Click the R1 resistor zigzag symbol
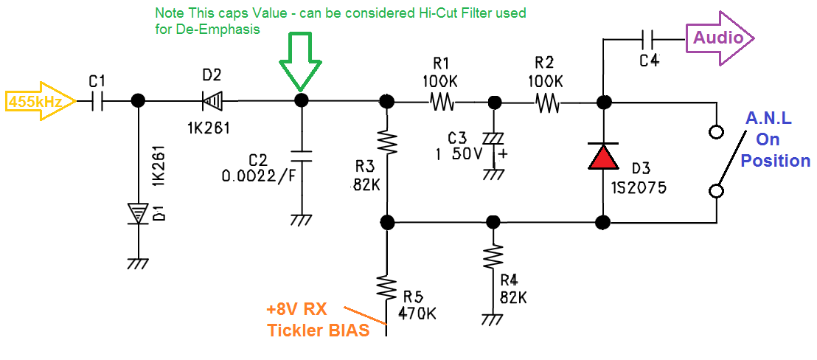(442, 102)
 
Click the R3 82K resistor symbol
(386, 141)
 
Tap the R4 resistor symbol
(492, 259)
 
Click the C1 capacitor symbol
(97, 101)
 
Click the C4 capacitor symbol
(648, 38)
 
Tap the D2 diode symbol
(210, 101)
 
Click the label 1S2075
(639, 187)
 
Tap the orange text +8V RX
(297, 310)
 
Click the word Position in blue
(775, 161)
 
